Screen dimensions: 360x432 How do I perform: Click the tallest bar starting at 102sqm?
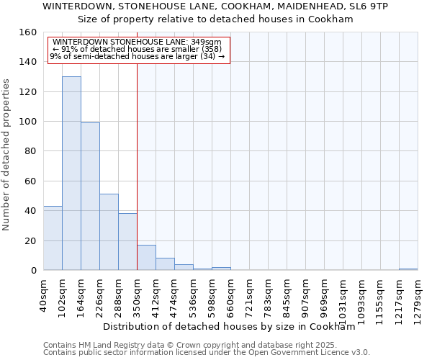71,173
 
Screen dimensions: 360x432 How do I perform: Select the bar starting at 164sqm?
90,196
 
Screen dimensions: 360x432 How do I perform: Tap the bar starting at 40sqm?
53,238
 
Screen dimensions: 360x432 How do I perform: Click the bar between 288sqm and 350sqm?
127,241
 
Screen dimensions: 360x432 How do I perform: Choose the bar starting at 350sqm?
146,257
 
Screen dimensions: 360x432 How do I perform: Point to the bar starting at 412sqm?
165,264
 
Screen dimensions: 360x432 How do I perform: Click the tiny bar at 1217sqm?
408,269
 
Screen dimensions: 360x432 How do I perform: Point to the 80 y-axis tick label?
30,151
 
